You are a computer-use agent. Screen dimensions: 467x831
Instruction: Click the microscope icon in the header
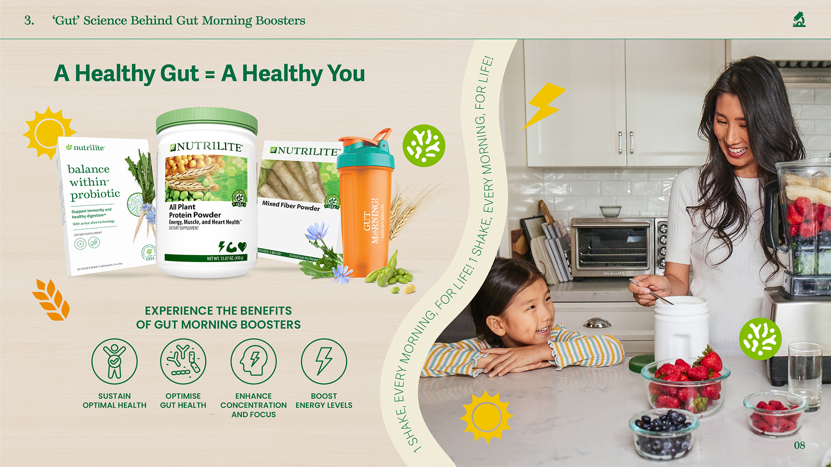pyautogui.click(x=799, y=20)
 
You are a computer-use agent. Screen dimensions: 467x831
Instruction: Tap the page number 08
pyautogui.click(x=799, y=445)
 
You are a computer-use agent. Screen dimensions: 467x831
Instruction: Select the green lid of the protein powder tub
pyautogui.click(x=206, y=121)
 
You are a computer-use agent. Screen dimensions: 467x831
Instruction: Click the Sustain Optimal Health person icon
pyautogui.click(x=114, y=361)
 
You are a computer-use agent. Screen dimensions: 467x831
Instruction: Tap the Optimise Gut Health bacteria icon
pyautogui.click(x=183, y=361)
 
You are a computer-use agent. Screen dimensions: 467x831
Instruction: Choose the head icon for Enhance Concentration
pyautogui.click(x=253, y=361)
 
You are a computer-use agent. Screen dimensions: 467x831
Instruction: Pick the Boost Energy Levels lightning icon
pyautogui.click(x=324, y=361)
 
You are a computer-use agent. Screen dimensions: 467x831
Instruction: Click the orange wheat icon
pyautogui.click(x=52, y=300)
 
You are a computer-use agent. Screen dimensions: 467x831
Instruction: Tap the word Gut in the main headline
pyautogui.click(x=180, y=74)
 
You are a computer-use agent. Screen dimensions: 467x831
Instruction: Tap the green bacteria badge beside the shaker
pyautogui.click(x=424, y=146)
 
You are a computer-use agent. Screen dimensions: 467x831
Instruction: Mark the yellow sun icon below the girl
pyautogui.click(x=486, y=417)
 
